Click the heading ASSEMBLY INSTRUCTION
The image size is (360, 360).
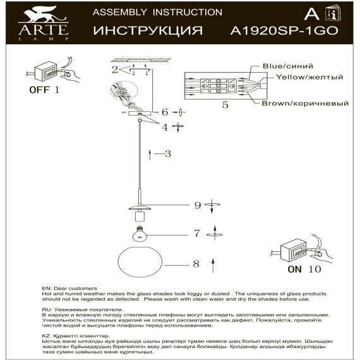coord(157,12)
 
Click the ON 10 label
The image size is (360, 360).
coord(304,268)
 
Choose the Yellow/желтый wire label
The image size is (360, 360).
coord(309,77)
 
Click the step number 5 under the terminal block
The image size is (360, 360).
coord(224,105)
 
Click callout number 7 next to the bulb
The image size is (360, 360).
coord(196,233)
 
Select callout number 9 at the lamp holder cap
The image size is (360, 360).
coord(197,205)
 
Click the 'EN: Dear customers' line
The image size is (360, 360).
coord(66,288)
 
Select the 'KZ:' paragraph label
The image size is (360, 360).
coord(47,337)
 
